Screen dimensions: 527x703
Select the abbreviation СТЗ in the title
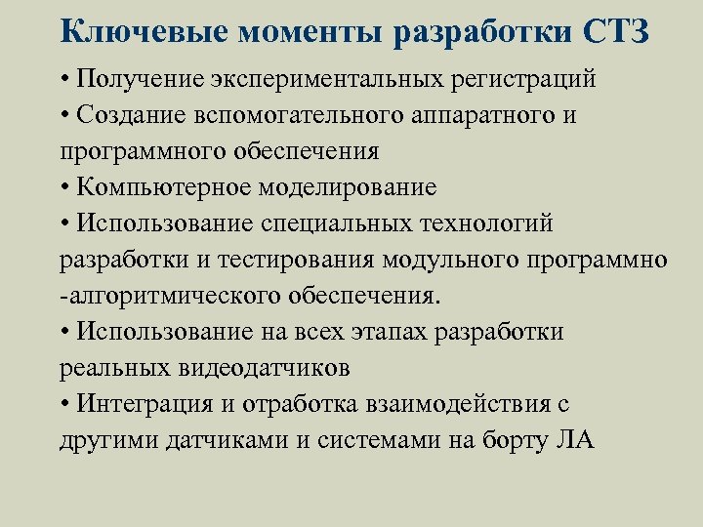point(616,31)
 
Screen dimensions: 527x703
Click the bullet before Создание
point(63,115)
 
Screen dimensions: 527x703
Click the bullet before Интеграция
point(63,404)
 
